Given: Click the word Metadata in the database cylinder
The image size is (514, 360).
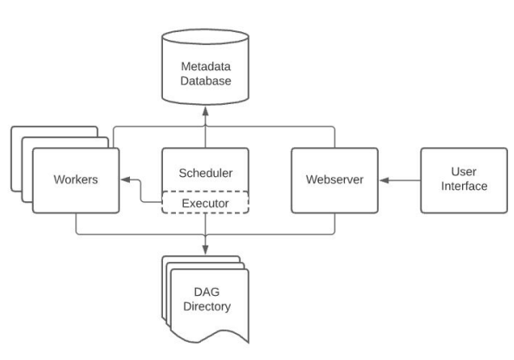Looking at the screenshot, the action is pyautogui.click(x=205, y=67).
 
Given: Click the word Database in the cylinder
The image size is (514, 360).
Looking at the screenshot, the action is pyautogui.click(x=205, y=81).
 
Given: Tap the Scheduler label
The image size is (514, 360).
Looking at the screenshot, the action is pyautogui.click(x=205, y=173).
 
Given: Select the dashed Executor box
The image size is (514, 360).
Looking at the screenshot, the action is pyautogui.click(x=205, y=202).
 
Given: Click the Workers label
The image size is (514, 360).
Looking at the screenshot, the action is pyautogui.click(x=75, y=180).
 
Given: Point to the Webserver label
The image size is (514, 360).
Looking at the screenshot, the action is pyautogui.click(x=335, y=180).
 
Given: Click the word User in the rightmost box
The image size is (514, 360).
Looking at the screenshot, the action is pyautogui.click(x=464, y=172).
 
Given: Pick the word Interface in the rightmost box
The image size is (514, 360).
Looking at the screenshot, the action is pyautogui.click(x=465, y=186).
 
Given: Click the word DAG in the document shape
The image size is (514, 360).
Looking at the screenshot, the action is pyautogui.click(x=206, y=291).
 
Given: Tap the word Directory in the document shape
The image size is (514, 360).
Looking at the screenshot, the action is pyautogui.click(x=207, y=306).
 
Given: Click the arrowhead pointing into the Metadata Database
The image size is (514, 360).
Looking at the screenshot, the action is pyautogui.click(x=205, y=111).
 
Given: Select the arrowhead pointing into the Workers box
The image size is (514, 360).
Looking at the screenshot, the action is pyautogui.click(x=126, y=180).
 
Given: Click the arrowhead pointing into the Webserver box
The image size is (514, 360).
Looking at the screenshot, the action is pyautogui.click(x=384, y=180).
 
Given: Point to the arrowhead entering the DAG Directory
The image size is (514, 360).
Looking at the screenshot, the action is pyautogui.click(x=205, y=250).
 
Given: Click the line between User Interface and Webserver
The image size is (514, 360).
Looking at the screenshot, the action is pyautogui.click(x=400, y=180).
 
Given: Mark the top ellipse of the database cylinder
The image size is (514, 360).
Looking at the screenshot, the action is pyautogui.click(x=205, y=36).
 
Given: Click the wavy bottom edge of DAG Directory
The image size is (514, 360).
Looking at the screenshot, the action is pyautogui.click(x=210, y=337).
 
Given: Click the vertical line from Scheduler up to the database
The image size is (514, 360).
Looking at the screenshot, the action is pyautogui.click(x=205, y=132).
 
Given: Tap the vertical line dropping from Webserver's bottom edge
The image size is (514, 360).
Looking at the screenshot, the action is pyautogui.click(x=335, y=223).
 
